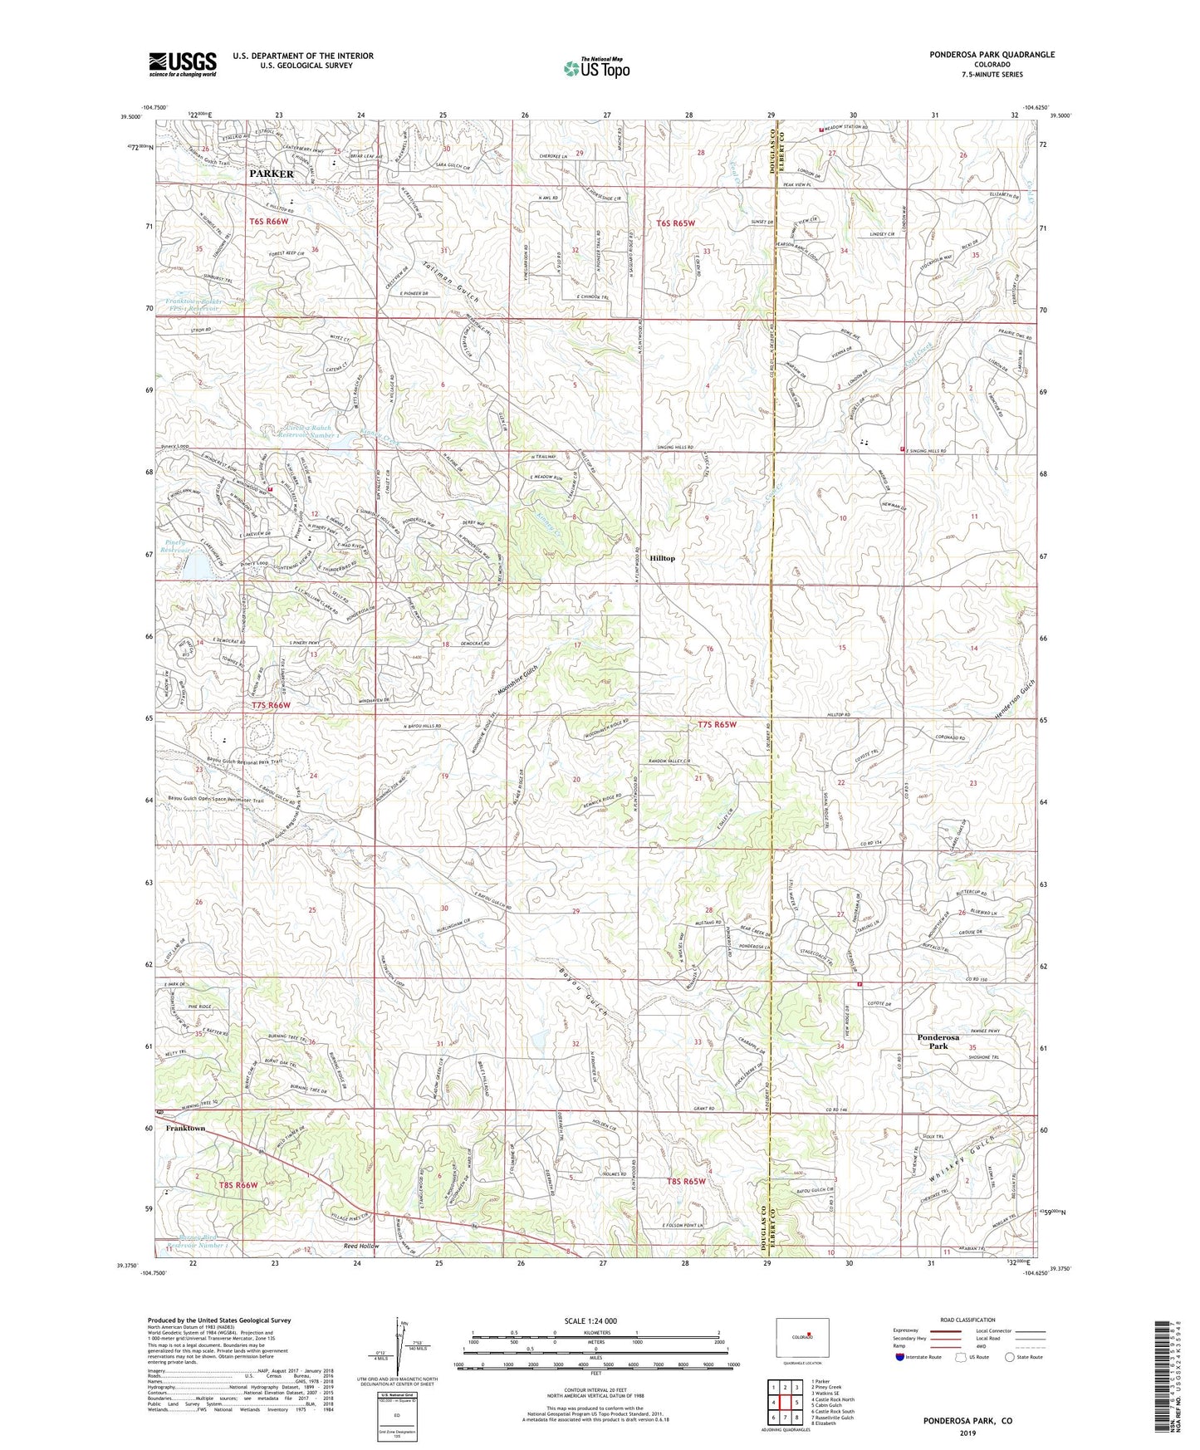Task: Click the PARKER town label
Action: point(272,174)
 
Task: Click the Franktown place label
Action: point(185,1129)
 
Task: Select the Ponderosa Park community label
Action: point(938,1041)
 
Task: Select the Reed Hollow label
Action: point(361,1246)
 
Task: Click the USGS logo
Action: point(183,64)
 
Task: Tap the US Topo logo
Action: point(595,68)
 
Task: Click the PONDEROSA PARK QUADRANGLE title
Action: point(992,55)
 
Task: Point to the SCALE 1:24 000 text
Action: point(590,1321)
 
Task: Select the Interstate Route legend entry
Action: point(918,1357)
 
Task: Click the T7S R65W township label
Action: point(717,724)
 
